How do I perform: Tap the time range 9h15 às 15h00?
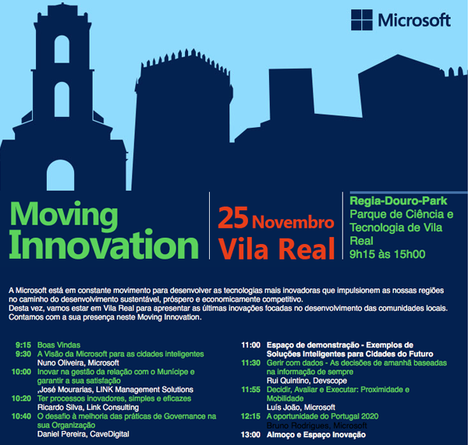[387, 253]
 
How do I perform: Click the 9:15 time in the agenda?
[23, 344]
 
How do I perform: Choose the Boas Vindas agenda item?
[59, 344]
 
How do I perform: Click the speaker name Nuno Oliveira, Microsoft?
[78, 362]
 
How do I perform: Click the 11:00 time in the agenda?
[250, 344]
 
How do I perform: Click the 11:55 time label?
[250, 389]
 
